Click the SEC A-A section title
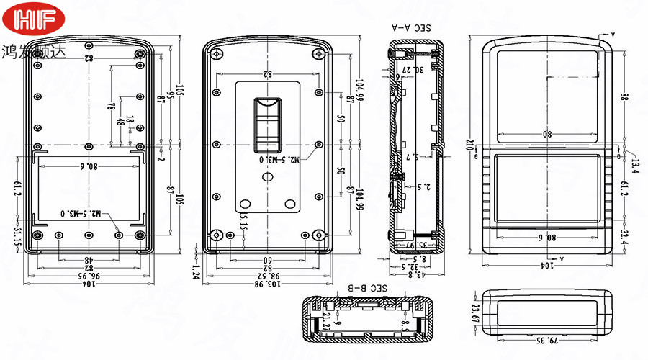(410, 28)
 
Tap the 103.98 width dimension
(268, 284)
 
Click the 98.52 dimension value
(268, 275)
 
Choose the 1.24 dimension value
(196, 270)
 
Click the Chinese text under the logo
(33, 52)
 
